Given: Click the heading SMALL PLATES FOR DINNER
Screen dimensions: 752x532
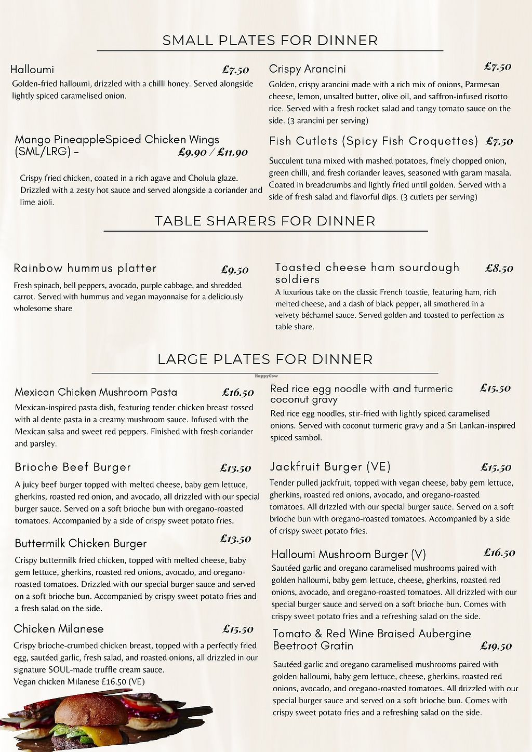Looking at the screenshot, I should tap(270, 41).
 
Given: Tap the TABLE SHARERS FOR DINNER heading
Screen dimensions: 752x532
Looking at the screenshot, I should tap(265, 221).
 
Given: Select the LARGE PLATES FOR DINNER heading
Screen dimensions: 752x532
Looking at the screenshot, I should tap(265, 359).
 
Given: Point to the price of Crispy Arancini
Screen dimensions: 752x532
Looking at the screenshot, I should tap(498, 66).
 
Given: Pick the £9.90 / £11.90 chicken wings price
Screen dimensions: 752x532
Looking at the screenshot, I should tap(212, 152).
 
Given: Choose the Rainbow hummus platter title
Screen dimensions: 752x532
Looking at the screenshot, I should tap(85, 268).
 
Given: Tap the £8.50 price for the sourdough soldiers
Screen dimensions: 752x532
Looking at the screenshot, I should tap(499, 268).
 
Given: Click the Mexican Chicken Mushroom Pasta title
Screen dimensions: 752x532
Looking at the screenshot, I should tap(96, 392).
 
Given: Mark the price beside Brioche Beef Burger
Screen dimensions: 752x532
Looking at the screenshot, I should tap(235, 468).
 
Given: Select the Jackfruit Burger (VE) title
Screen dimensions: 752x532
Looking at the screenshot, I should tap(330, 467).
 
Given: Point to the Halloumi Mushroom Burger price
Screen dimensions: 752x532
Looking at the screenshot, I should tap(499, 553).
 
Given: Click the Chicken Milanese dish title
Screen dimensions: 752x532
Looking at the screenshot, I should tap(59, 629).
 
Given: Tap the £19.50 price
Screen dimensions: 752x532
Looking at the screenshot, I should tap(496, 646).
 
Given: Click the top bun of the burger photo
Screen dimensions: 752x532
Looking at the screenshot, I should tap(91, 709).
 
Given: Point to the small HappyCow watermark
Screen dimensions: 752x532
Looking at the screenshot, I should tap(265, 375).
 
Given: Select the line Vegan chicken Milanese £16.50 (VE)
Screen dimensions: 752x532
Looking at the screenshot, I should tap(79, 682).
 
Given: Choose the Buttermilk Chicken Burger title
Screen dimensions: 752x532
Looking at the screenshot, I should tap(81, 544).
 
